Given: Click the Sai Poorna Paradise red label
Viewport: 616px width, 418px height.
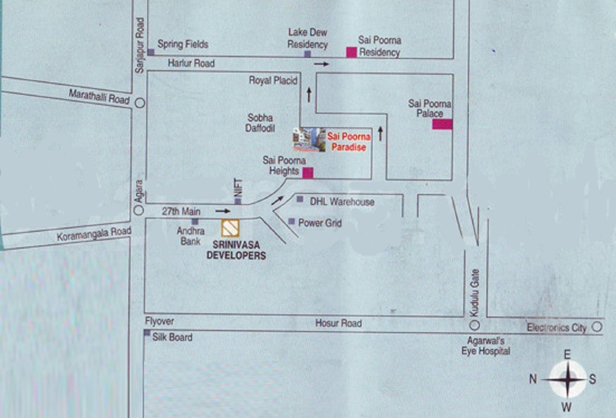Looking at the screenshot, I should click(x=349, y=142).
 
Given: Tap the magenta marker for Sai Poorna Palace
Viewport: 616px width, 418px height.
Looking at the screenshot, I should click(x=442, y=124).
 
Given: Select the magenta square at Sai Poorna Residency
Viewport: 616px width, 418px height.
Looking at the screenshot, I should click(x=352, y=52).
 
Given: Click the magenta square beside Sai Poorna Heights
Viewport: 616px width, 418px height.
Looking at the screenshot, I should click(x=308, y=173).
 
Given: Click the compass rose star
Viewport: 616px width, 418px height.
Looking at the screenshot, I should click(x=567, y=379).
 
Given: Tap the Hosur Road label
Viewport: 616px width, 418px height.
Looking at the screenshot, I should click(x=338, y=323).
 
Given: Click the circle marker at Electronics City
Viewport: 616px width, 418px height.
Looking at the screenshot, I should click(x=597, y=327).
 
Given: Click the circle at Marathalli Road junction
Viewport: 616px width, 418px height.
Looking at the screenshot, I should click(x=140, y=102).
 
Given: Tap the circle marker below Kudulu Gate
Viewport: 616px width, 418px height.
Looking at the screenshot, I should click(x=474, y=325).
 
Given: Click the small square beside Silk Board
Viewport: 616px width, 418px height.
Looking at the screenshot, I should click(x=147, y=333).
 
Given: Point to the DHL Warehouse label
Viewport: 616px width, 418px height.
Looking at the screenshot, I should click(x=342, y=202).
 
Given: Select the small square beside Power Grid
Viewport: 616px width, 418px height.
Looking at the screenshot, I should click(x=292, y=222).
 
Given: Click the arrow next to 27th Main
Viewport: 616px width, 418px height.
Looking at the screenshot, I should click(x=222, y=210).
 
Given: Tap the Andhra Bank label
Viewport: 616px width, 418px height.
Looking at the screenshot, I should click(x=190, y=236).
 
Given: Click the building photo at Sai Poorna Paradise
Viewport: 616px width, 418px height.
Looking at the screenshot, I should click(x=309, y=140).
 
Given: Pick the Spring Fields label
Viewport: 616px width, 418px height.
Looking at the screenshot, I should click(x=183, y=44).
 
